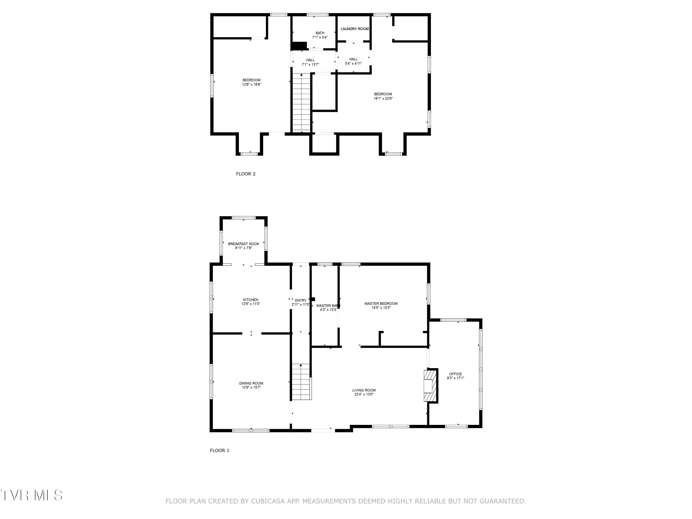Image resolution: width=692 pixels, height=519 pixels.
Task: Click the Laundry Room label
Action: click(x=355, y=29)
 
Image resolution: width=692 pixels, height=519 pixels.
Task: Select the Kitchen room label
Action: click(x=251, y=300)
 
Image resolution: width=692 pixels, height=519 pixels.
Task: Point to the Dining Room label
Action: click(x=251, y=383)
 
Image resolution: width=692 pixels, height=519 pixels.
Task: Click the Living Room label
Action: click(x=364, y=390)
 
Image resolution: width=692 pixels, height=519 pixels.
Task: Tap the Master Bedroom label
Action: click(x=381, y=304)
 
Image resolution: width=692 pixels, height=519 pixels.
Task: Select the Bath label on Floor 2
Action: click(x=320, y=33)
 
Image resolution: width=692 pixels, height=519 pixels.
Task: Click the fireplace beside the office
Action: click(x=430, y=386)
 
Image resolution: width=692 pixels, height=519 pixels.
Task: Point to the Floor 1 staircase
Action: click(x=301, y=382)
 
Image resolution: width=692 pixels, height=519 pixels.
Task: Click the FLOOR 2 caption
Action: click(x=246, y=174)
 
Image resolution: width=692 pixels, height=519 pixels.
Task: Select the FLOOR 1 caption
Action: click(x=219, y=450)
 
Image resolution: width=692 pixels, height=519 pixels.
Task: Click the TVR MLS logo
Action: click(x=31, y=495)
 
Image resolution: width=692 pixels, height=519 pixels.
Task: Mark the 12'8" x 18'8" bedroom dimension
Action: click(x=251, y=84)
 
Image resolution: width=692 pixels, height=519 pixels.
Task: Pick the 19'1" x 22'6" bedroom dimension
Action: click(x=383, y=98)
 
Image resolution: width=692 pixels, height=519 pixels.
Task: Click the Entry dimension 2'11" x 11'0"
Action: click(x=300, y=304)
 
